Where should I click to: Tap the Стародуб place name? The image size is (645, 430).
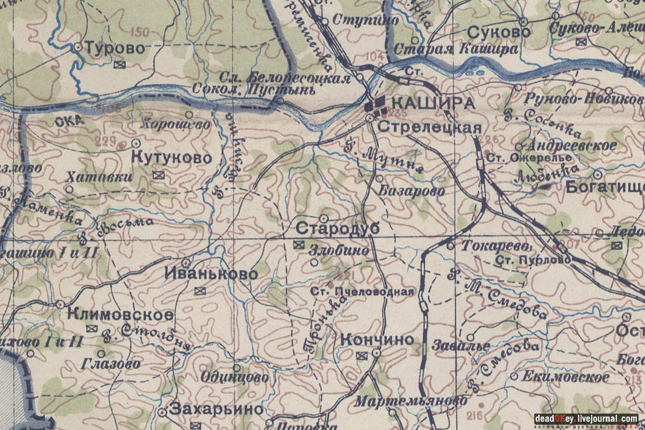coord(330,229)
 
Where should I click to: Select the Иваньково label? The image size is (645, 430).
coord(211,275)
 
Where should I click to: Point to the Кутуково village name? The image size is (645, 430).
coord(171,158)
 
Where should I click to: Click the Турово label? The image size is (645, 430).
coord(115,48)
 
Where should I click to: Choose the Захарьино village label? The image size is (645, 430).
coord(216,410)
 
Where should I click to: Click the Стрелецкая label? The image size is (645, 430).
coord(429,128)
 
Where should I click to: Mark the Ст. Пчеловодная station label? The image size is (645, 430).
coord(362,292)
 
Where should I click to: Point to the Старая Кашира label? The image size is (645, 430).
coord(456,49)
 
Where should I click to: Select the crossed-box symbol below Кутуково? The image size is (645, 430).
coord(158,174)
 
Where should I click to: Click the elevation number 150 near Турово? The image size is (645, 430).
coord(140,31)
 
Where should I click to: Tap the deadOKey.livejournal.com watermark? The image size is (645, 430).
coord(585,419)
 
